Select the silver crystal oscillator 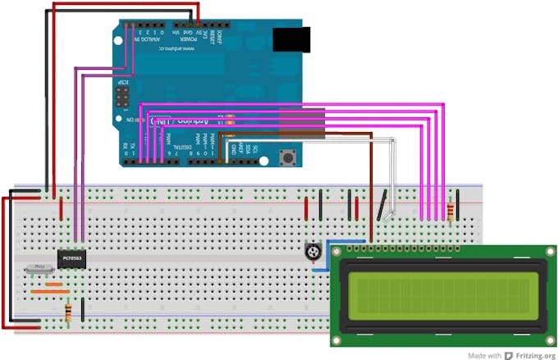click(40, 267)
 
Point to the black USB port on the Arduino click(291, 39)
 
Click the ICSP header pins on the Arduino click(121, 102)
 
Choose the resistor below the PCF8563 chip click(68, 312)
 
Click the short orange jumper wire click(54, 285)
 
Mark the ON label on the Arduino click(130, 120)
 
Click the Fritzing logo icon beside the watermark click(509, 355)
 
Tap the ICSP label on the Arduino click(117, 85)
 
